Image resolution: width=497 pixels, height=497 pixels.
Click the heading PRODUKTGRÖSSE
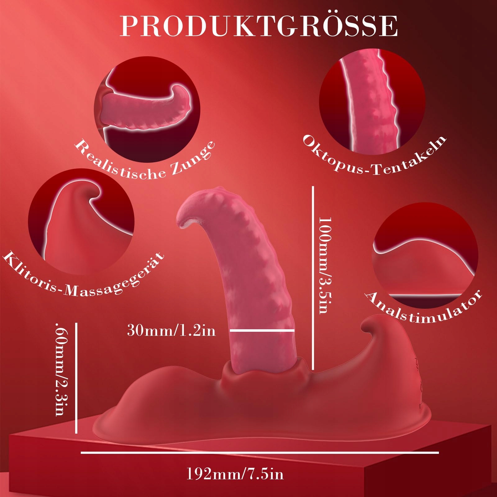pos(259,26)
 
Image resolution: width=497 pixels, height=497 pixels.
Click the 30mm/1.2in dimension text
pos(171,330)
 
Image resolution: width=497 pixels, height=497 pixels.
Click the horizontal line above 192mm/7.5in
pos(260,453)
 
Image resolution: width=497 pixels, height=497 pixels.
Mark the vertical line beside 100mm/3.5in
pos(313,278)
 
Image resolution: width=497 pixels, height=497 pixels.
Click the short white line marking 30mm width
pos(262,331)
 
